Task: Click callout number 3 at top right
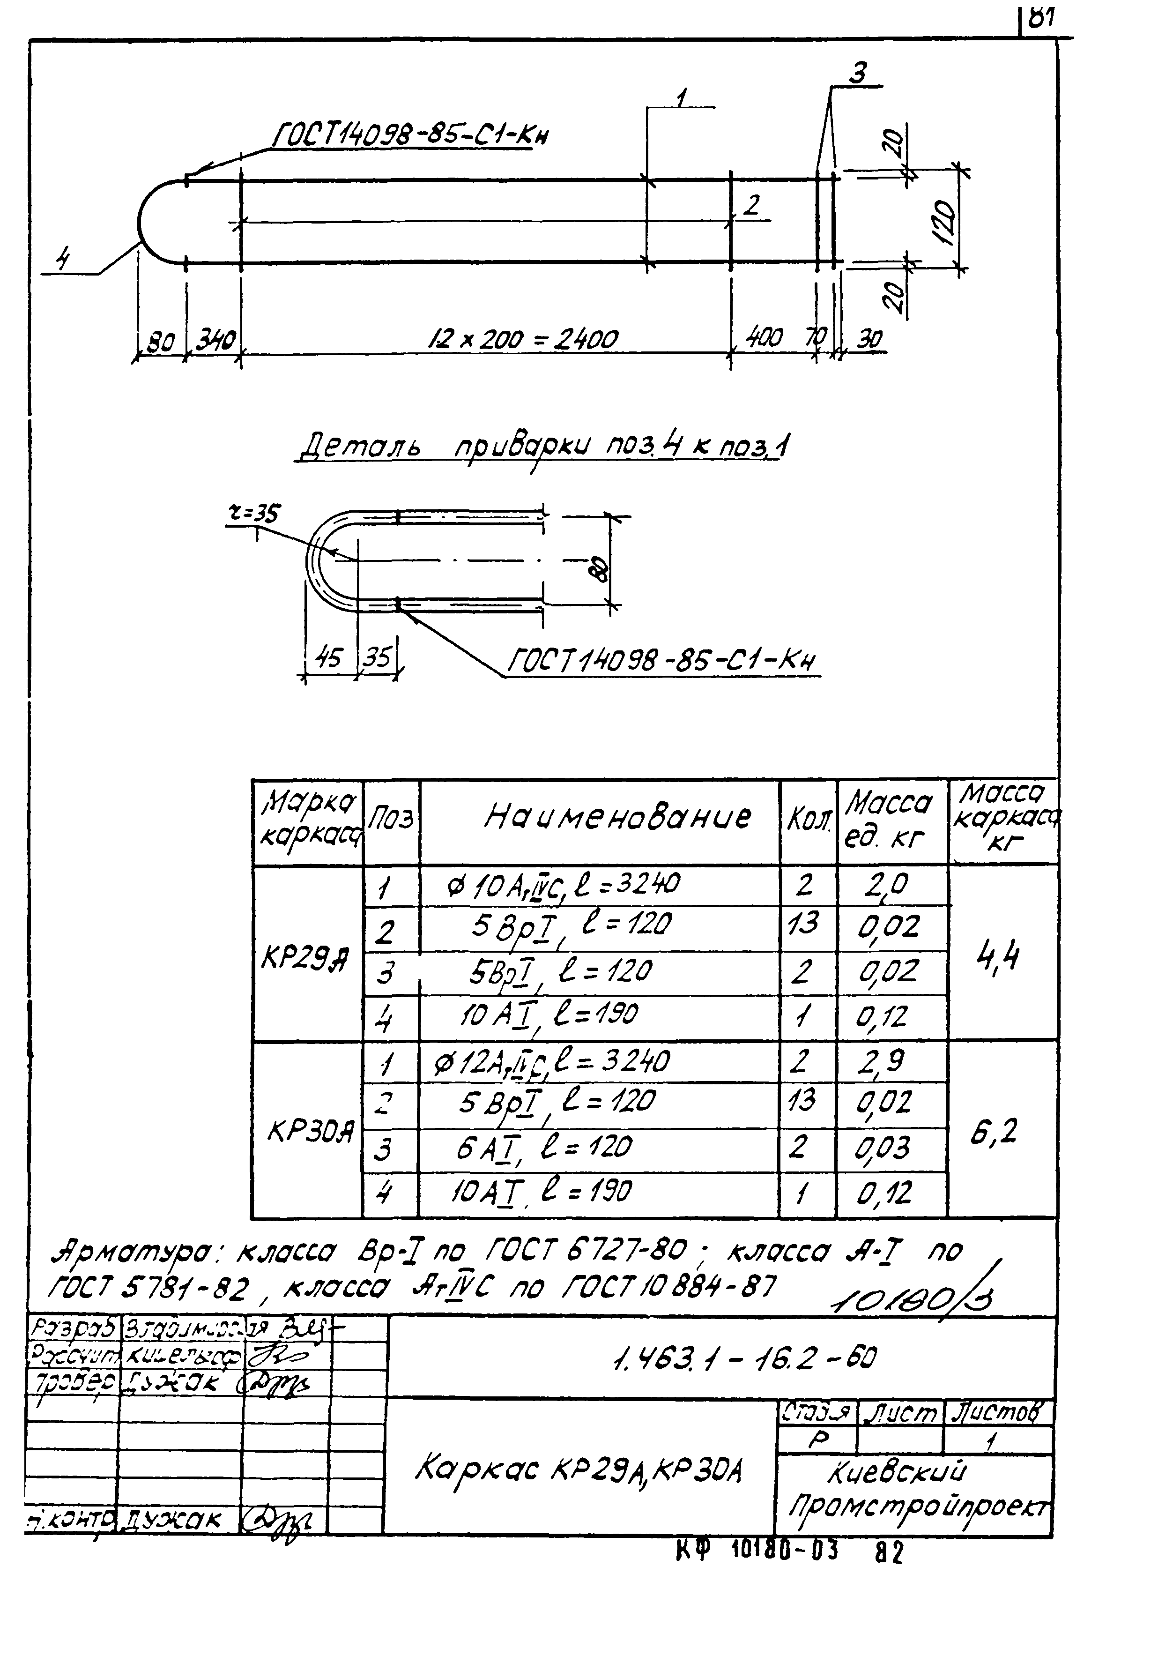tap(859, 74)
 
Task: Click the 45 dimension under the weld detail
tap(329, 658)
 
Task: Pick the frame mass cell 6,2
tap(995, 1132)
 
